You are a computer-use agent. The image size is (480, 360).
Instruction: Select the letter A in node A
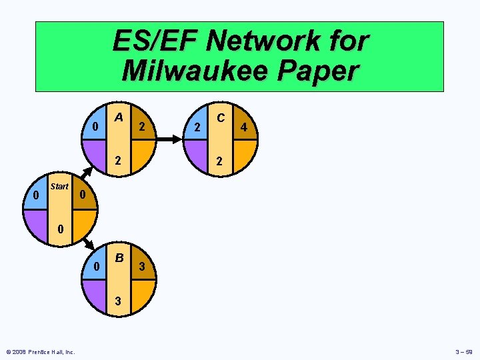(118, 117)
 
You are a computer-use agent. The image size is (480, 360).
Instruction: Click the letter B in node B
(119, 258)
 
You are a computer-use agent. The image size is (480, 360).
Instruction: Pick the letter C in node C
(221, 117)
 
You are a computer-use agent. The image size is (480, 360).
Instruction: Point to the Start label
(59, 187)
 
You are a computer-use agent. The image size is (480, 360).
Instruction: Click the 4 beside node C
(245, 127)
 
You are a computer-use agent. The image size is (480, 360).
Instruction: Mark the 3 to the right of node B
(141, 267)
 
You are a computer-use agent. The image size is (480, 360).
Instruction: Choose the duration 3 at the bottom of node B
(117, 301)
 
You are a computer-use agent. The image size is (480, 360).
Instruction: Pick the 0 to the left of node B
(97, 267)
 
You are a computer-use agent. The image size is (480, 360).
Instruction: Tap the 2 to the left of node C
(196, 127)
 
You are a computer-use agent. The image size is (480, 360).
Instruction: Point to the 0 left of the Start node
(35, 195)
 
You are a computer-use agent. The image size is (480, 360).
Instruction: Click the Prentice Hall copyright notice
(40, 352)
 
